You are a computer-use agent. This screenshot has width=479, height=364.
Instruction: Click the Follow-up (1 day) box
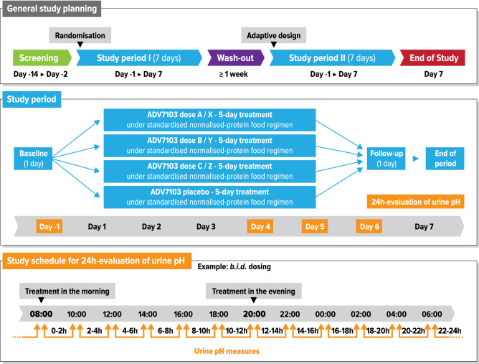tap(386, 157)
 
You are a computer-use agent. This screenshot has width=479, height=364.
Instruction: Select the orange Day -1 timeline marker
tap(46, 227)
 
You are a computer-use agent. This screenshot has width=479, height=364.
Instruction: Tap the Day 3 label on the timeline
tap(206, 227)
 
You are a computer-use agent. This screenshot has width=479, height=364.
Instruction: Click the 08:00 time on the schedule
tap(41, 314)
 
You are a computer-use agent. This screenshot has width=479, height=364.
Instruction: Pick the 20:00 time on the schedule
tap(254, 314)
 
